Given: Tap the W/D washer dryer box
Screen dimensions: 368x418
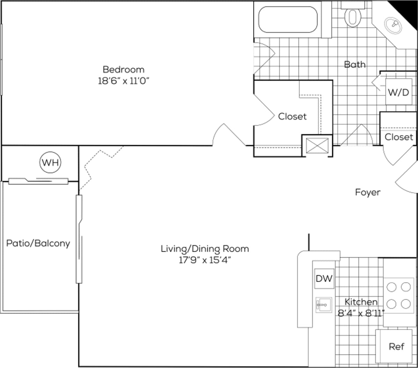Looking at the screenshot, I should pos(398,92).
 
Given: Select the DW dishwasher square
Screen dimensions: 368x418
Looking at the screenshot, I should pos(324,278).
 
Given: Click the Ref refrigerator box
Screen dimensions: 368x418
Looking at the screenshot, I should pos(396,346).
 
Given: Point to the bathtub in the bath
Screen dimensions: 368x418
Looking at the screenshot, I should pos(288,20).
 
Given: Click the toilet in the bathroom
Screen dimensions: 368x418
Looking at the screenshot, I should pos(352,16).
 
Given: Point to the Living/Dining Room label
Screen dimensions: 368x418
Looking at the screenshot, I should pos(205,249).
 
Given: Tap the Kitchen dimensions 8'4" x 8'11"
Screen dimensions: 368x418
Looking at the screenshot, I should pos(361,312).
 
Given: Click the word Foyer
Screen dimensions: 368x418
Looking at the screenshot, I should pos(368,192).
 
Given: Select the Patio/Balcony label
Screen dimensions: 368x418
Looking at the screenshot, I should pos(38,243).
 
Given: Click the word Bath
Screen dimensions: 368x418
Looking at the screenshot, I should pos(355,64).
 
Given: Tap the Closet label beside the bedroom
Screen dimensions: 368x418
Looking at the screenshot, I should pos(292,116).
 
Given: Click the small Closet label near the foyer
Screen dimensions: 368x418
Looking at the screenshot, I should pos(399,137).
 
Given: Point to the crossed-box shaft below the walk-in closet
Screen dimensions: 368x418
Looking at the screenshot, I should pos(317,145).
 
